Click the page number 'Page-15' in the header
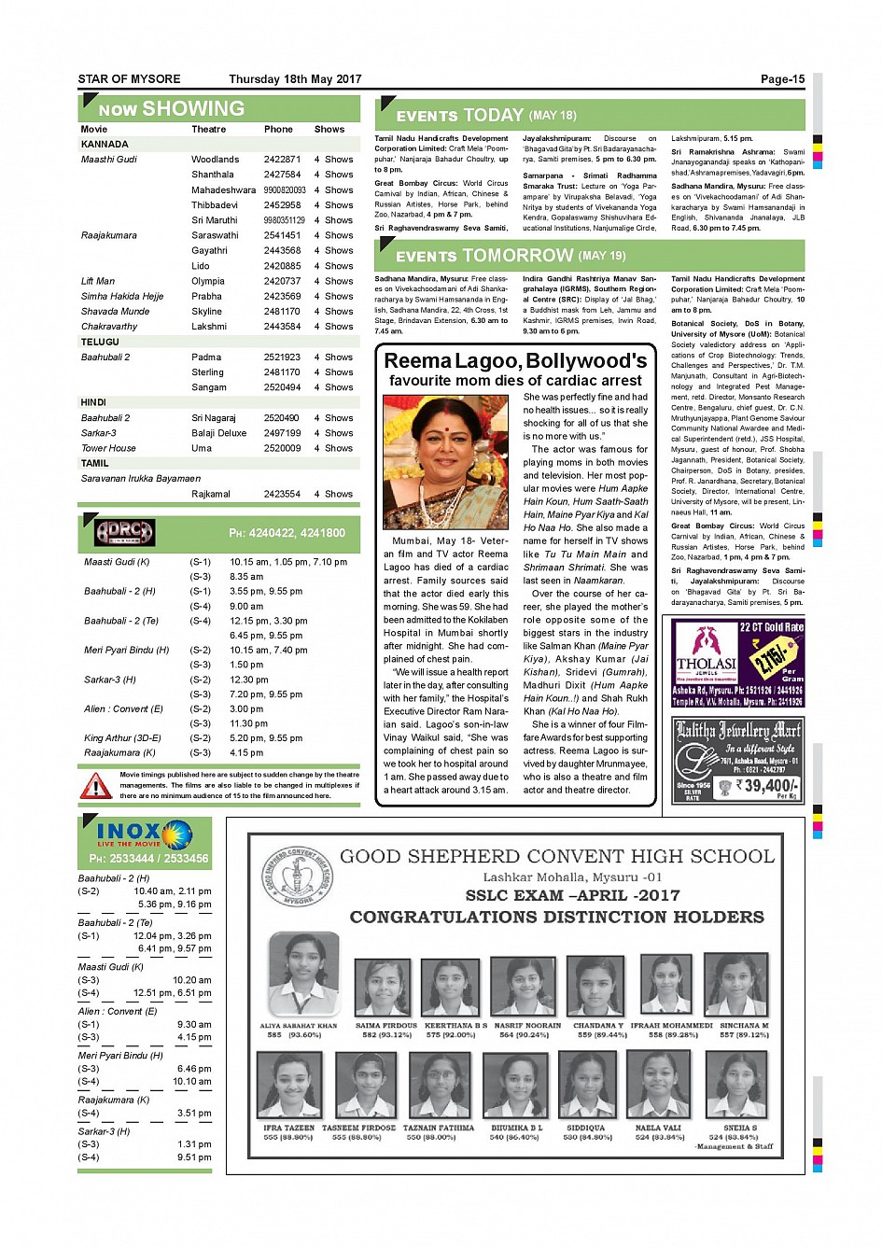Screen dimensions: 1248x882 coord(782,79)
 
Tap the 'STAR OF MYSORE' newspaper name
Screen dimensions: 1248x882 coord(129,79)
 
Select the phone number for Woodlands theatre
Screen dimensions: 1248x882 coord(282,160)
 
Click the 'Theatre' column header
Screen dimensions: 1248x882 coord(209,130)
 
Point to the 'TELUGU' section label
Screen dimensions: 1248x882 coord(100,342)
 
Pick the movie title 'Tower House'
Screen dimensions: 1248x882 coord(108,448)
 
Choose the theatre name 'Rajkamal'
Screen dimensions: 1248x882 coord(211,494)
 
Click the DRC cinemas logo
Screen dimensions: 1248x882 coord(125,533)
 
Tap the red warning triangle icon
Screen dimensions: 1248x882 coord(96,786)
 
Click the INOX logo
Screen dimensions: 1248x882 coord(143,834)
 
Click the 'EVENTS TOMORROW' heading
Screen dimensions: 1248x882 coord(483,256)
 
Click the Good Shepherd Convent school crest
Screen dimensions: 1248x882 coord(296,877)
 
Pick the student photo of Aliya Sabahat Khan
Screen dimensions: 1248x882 coord(303,975)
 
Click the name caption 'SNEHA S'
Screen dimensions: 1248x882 coord(739,1128)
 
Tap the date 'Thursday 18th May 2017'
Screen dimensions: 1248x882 coord(295,79)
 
